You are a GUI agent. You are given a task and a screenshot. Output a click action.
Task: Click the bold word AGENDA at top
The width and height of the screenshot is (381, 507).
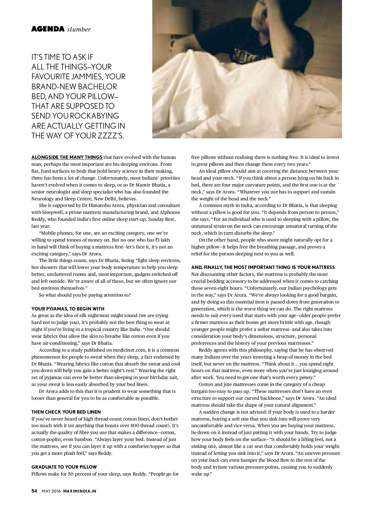click(48, 29)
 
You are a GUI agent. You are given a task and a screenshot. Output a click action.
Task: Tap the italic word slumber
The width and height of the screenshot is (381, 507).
click(79, 30)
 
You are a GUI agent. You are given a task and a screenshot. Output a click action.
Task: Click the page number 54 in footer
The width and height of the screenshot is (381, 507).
click(34, 491)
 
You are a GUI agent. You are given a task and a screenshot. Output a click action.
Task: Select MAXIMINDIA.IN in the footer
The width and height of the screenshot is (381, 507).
click(80, 491)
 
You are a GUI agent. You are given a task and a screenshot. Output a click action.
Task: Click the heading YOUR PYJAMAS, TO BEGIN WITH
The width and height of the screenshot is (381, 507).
click(68, 309)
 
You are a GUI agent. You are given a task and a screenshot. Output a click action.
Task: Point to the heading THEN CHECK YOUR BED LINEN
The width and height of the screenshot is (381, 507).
click(66, 412)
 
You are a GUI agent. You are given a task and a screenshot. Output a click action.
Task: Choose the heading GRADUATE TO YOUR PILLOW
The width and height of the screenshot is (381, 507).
click(64, 467)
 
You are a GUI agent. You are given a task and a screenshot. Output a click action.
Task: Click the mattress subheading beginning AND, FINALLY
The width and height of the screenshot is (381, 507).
click(263, 267)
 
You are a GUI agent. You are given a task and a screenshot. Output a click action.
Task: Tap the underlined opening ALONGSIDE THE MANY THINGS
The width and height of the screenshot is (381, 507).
click(67, 157)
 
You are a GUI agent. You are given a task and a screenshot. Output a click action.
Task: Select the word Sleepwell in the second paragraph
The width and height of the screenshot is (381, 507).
click(53, 212)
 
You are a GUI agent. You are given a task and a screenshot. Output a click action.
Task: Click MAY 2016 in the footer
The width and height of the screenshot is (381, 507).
click(51, 491)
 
